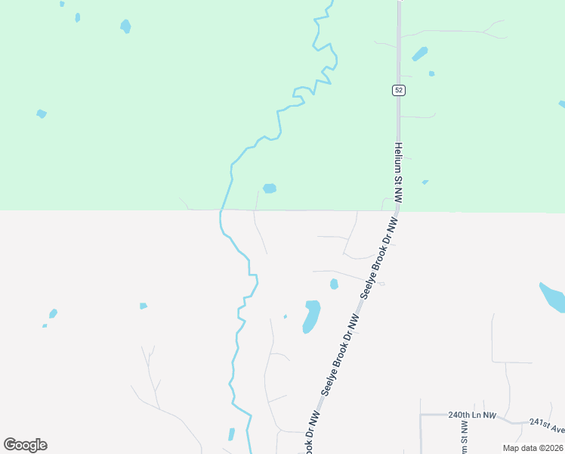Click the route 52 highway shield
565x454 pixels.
pyautogui.click(x=399, y=90)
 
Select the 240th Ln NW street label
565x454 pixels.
pyautogui.click(x=471, y=415)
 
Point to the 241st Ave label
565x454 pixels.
pyautogui.click(x=547, y=426)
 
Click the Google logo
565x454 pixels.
pyautogui.click(x=25, y=445)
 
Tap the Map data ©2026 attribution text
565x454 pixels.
pyautogui.click(x=533, y=448)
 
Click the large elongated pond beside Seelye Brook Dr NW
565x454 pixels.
pyautogui.click(x=311, y=316)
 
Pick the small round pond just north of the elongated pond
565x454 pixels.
pyautogui.click(x=334, y=284)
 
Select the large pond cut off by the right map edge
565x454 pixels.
pyautogui.click(x=553, y=297)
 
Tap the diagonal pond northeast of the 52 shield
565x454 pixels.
pyautogui.click(x=419, y=54)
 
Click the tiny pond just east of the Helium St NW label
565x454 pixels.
pyautogui.click(x=425, y=182)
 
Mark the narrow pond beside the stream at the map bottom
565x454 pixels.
pyautogui.click(x=231, y=434)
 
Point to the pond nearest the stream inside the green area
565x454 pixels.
pyautogui.click(x=269, y=188)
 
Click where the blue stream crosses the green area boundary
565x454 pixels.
pyautogui.click(x=222, y=210)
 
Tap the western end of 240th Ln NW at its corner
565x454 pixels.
pyautogui.click(x=421, y=415)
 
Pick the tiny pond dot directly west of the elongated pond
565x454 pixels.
pyautogui.click(x=285, y=316)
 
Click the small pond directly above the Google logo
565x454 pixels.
pyautogui.click(x=53, y=313)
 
